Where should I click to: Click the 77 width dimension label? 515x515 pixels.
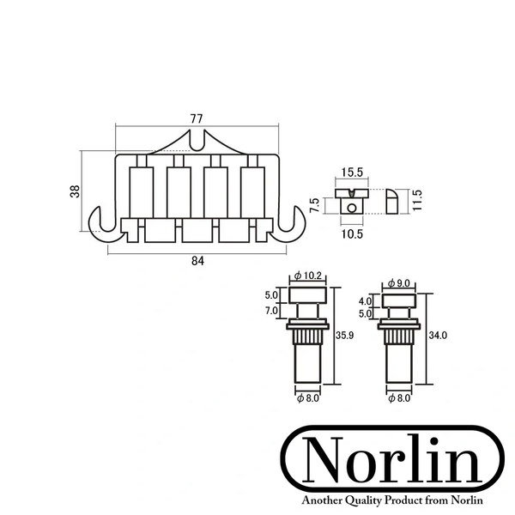(x=197, y=118)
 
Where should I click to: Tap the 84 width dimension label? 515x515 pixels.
(x=197, y=261)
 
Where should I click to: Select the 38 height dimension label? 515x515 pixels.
(x=75, y=191)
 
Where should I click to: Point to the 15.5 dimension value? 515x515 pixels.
(x=352, y=173)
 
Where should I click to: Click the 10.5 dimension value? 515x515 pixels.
(x=352, y=234)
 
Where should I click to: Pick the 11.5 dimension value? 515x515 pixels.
(x=417, y=200)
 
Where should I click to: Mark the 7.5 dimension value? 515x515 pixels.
(x=314, y=205)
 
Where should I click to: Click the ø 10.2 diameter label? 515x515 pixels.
(x=308, y=276)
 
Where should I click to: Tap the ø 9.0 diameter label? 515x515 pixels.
(x=399, y=282)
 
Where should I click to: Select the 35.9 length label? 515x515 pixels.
(x=344, y=336)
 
